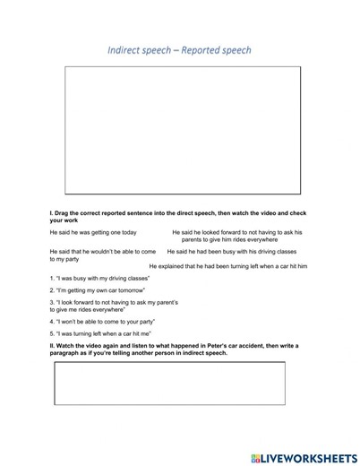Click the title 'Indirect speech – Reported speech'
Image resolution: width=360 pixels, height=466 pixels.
click(x=180, y=50)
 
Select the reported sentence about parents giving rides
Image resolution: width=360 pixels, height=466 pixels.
click(x=237, y=236)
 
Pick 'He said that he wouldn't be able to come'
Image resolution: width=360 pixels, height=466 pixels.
click(x=103, y=255)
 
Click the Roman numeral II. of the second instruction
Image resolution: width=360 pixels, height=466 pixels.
click(x=53, y=345)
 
